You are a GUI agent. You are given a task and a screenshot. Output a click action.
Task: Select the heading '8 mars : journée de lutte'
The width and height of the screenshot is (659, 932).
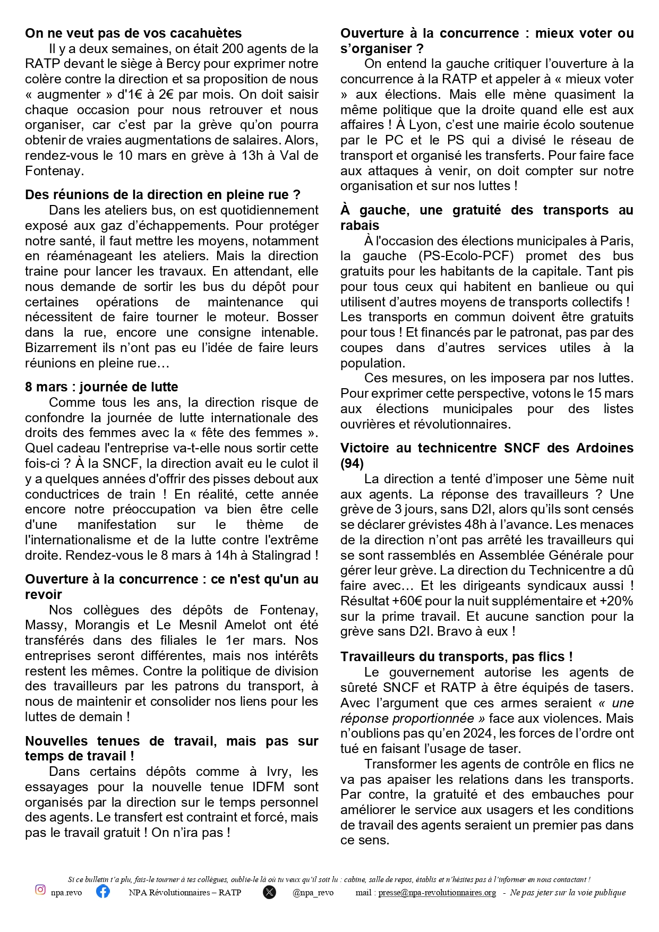[101, 387]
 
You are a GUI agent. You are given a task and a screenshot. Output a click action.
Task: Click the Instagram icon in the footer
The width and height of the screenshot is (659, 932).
[40, 890]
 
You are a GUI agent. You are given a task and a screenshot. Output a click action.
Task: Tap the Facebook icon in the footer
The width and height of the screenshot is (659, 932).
[103, 891]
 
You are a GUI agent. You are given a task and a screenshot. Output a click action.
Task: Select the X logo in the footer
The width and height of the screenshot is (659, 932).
[269, 892]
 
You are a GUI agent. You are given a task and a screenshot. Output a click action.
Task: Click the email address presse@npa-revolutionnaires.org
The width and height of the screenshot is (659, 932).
[437, 893]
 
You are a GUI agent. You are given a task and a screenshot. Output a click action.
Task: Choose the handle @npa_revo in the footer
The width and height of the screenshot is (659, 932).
[313, 893]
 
